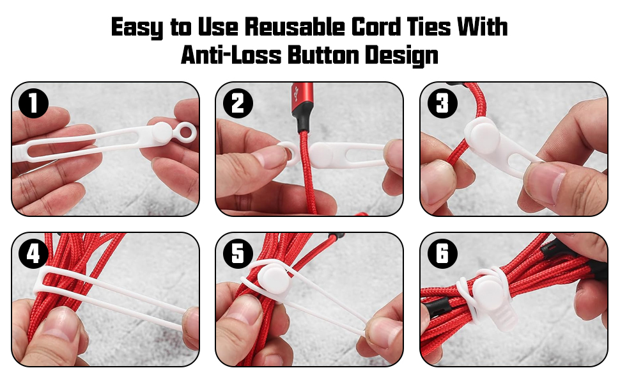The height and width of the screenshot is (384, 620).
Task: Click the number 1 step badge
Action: [x=33, y=104]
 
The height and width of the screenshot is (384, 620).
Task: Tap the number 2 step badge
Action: [x=237, y=104]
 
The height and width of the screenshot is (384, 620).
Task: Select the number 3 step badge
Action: [x=442, y=104]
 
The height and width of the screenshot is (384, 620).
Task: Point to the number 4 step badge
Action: [x=33, y=255]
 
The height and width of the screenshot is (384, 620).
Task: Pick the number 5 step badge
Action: [x=237, y=255]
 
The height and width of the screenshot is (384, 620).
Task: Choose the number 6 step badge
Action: [x=442, y=255]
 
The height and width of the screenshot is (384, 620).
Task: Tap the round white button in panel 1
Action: [x=162, y=132]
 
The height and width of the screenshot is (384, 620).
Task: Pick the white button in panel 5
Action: [x=273, y=280]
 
